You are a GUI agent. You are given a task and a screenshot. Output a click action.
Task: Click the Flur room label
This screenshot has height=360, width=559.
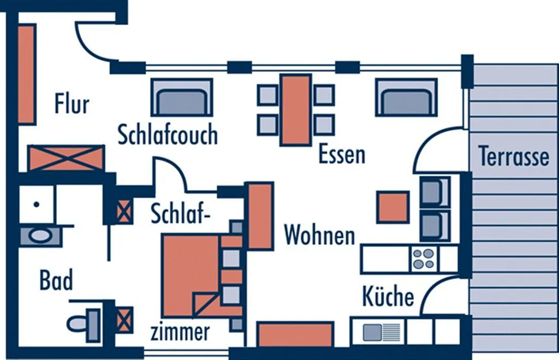[72, 104]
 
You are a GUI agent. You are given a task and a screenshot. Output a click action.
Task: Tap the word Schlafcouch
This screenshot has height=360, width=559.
[168, 135]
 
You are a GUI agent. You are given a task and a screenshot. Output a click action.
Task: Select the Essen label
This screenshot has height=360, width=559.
[341, 155]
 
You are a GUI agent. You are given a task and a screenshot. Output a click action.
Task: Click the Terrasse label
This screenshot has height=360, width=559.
[514, 157]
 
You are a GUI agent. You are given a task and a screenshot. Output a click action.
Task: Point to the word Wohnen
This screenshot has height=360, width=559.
[320, 236]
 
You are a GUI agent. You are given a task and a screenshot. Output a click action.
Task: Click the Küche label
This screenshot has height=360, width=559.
[388, 297]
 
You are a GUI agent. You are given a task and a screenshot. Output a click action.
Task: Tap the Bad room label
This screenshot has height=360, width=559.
[56, 281]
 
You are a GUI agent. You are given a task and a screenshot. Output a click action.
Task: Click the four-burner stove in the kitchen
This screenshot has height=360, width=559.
[424, 259]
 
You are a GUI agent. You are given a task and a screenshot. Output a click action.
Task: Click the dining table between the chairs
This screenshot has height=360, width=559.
[295, 110]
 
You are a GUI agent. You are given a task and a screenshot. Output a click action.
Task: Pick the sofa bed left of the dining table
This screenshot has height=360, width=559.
[181, 98]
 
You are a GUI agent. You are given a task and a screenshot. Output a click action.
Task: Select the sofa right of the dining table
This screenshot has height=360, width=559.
[406, 98]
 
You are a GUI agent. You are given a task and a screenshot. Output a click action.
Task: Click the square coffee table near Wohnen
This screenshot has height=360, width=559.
[393, 207]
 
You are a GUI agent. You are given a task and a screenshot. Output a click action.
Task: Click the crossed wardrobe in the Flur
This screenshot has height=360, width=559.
[66, 158]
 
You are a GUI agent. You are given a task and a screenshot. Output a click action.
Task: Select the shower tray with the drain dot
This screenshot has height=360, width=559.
[36, 205]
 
